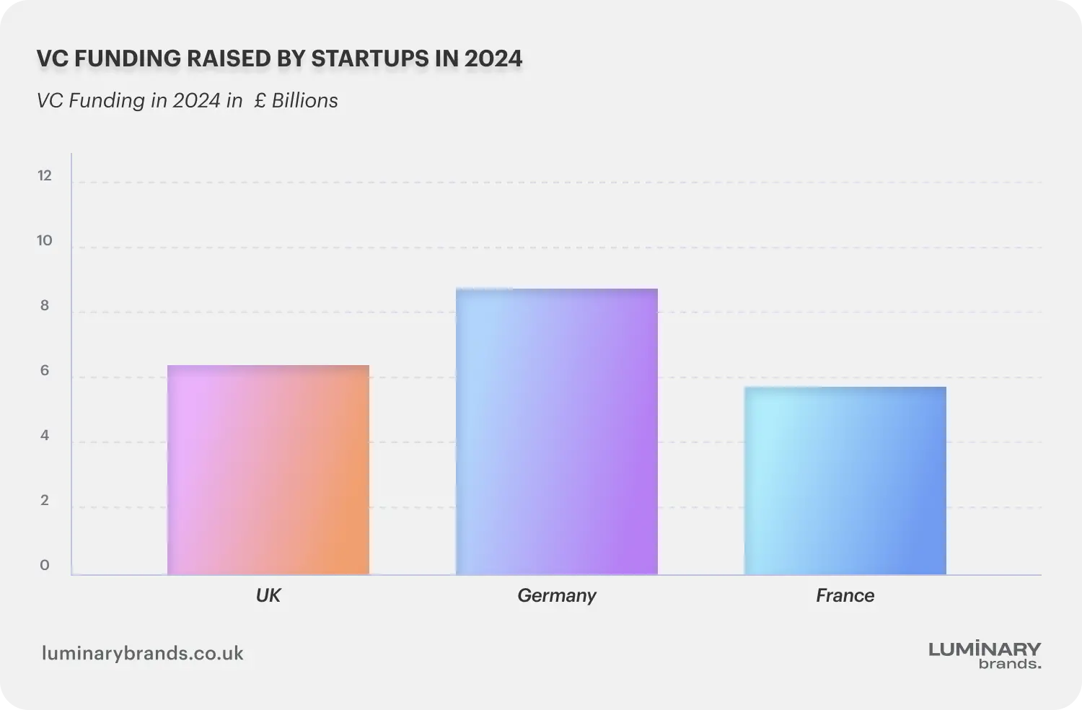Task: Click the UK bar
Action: pos(268,470)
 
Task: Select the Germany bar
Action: pos(557,431)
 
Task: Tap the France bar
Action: pos(845,481)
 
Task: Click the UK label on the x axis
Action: pos(268,595)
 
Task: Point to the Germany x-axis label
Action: pos(557,595)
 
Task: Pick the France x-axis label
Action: pos(845,595)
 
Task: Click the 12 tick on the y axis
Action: pos(45,176)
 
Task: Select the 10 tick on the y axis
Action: pos(45,241)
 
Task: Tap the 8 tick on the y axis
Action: pos(45,306)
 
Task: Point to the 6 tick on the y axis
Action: pos(45,371)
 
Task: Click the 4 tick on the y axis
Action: pos(45,436)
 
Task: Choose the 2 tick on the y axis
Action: pos(45,501)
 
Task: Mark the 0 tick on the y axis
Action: pos(45,566)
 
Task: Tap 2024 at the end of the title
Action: pos(493,58)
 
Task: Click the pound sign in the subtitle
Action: pos(260,100)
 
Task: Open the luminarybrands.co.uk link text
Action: pos(143,654)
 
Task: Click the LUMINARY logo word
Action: pos(985,649)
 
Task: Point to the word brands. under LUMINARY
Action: pos(1010,664)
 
